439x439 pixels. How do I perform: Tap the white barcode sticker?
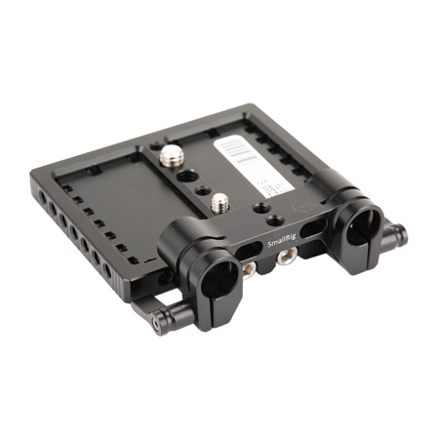(x=248, y=161)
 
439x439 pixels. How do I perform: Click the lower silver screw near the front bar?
(x=218, y=202)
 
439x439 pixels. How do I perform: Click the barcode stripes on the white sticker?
(x=235, y=150)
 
